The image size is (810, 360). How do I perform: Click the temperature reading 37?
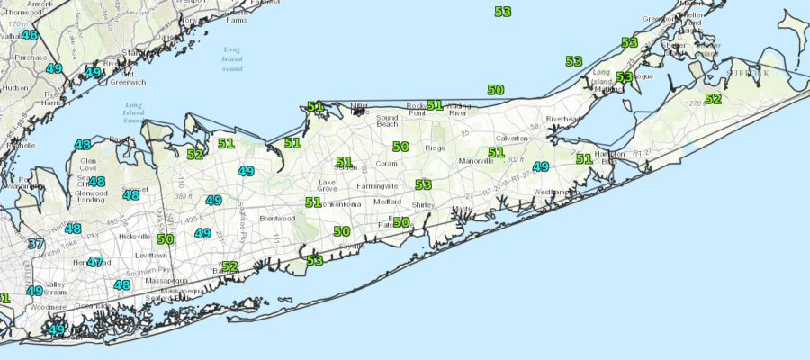35,244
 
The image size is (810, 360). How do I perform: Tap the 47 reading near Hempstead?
95,262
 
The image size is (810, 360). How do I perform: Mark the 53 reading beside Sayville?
314,260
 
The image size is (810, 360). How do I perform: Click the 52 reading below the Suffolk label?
714,99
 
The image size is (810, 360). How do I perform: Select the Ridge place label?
436,147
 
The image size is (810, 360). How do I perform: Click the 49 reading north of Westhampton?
540,166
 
